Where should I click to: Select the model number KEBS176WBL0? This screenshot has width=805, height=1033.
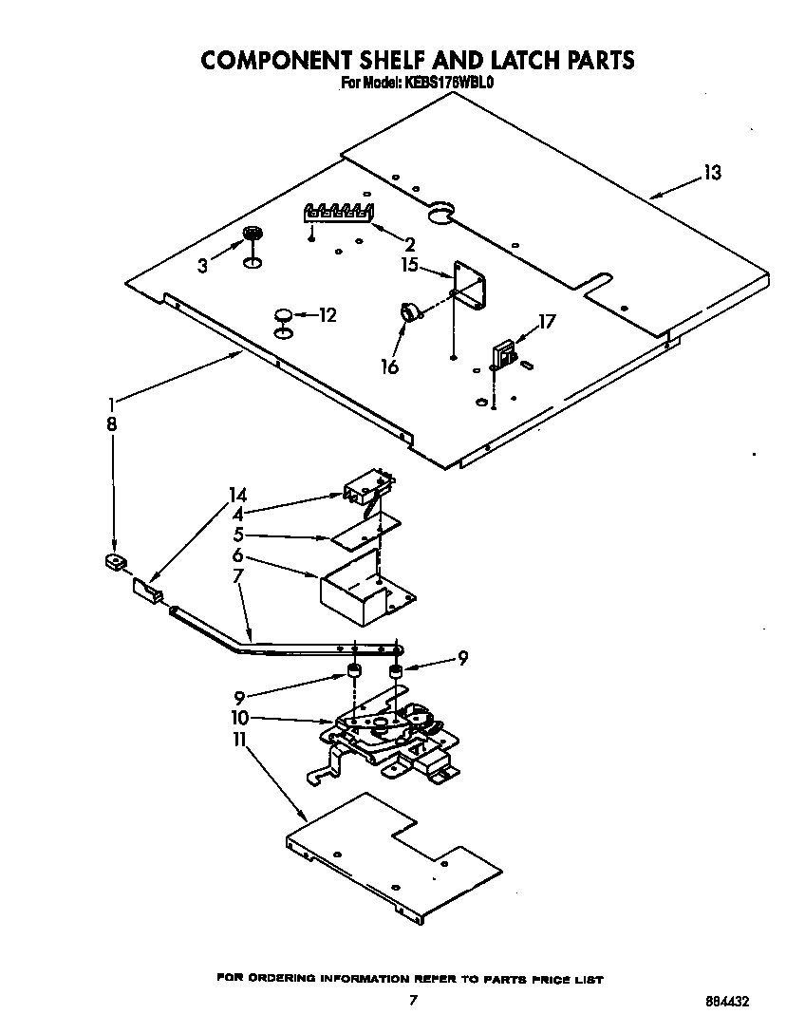pos(445,84)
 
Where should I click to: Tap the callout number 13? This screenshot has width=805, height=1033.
pos(712,173)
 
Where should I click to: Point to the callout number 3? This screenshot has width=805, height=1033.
pos(202,267)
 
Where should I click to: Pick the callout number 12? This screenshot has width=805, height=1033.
pos(327,315)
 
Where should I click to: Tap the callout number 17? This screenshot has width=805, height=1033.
pos(547,322)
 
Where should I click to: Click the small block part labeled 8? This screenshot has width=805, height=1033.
pos(116,564)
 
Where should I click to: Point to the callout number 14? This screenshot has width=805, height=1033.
pos(237,494)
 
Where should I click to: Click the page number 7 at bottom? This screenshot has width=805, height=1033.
pos(412,1000)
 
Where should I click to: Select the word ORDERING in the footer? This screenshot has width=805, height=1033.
pos(285,978)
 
